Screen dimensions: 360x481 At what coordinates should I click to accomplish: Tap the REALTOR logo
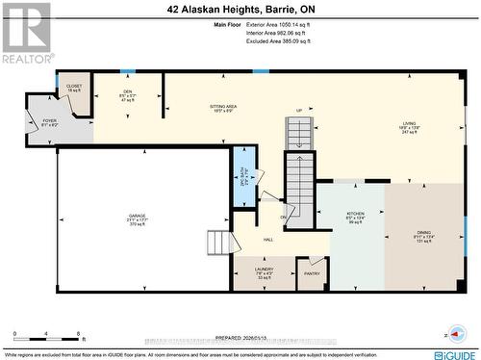tap(26, 33)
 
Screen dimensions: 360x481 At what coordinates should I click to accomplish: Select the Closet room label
tap(74, 88)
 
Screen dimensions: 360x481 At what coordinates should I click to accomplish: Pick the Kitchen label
tap(355, 217)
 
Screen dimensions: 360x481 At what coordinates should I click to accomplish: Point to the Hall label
tap(268, 240)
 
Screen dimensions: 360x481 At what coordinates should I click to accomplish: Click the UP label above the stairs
tap(300, 111)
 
